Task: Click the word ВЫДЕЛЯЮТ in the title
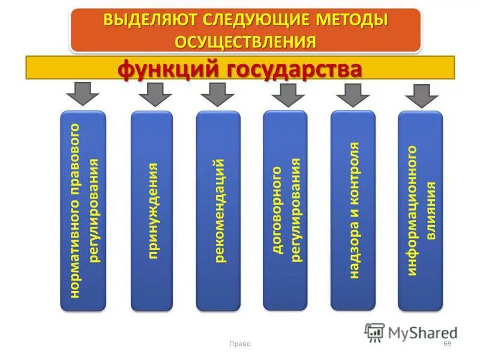point(144,19)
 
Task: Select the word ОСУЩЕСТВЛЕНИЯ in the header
point(245,40)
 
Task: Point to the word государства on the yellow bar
point(294,70)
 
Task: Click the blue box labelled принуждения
point(152,211)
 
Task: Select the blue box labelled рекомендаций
point(218,211)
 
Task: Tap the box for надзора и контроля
point(353,211)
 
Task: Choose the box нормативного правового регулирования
point(83,211)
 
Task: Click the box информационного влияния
point(420,211)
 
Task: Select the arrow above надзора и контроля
point(353,94)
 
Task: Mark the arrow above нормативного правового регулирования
point(82,94)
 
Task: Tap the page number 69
point(447,344)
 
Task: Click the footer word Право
point(240,344)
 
